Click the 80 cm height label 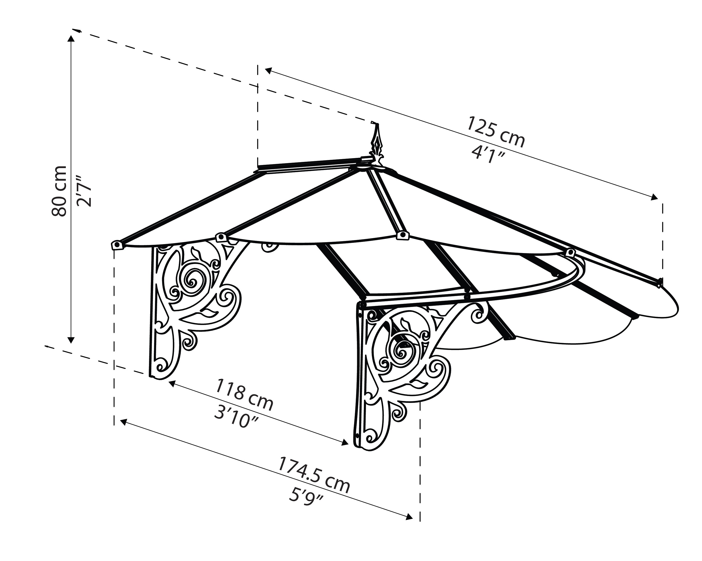(59, 191)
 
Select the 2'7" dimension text (84, 191)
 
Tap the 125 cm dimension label (495, 132)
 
